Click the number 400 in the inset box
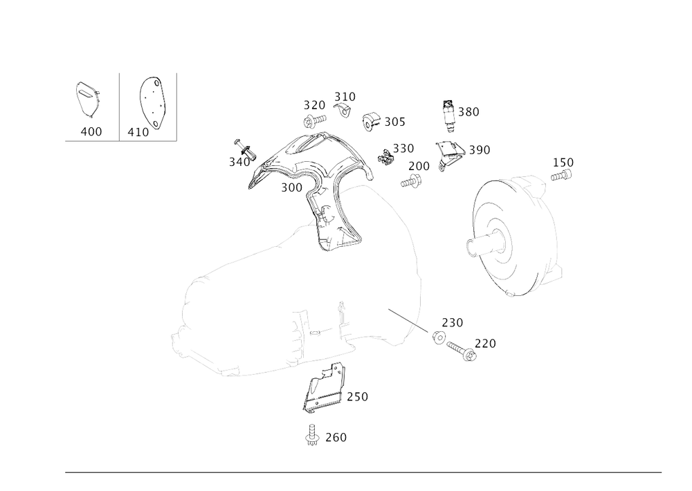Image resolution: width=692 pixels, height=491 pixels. tap(91, 132)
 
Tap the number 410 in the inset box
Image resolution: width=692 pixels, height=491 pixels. tap(138, 131)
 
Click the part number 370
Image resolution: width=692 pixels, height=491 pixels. tap(314, 106)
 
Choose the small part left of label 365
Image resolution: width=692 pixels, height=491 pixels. tap(370, 120)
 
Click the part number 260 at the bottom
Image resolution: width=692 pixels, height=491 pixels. tap(336, 438)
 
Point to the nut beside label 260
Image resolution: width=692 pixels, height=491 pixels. tap(311, 438)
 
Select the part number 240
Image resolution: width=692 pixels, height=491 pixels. tap(357, 396)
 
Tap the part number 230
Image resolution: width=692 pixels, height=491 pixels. tap(453, 323)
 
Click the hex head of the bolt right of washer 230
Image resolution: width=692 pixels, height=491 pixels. tap(470, 355)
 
